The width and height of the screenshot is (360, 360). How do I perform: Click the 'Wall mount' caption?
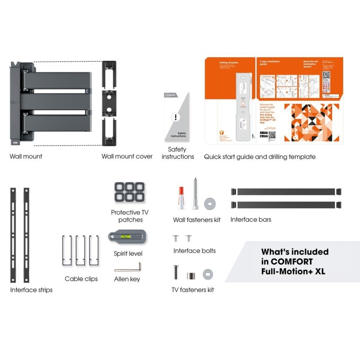(x=26, y=157)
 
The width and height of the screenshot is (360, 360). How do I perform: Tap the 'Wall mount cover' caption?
(x=127, y=157)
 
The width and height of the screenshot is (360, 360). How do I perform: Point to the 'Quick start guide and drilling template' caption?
(x=260, y=157)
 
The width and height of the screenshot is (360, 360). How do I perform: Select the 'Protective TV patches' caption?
(x=130, y=216)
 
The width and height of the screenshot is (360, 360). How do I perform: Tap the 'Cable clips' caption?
(x=81, y=279)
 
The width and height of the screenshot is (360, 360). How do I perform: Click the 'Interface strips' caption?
(x=31, y=290)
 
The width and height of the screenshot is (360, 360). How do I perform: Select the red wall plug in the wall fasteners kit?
(x=180, y=198)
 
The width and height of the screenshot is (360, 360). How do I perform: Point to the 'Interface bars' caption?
(x=251, y=220)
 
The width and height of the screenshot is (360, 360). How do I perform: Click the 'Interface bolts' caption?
(x=194, y=251)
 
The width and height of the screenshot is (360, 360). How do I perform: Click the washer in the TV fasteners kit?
(x=207, y=273)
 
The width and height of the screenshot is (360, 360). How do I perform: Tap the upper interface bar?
(x=286, y=192)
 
